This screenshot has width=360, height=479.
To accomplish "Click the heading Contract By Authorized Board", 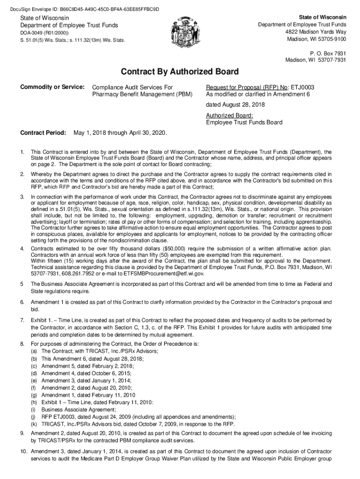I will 180,72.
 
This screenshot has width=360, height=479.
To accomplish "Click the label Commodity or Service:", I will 52,87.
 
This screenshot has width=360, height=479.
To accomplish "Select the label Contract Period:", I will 43,133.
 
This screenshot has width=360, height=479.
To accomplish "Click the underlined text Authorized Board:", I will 230,115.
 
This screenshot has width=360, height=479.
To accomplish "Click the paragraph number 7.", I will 22,320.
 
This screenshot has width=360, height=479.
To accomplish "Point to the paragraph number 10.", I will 23,451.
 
